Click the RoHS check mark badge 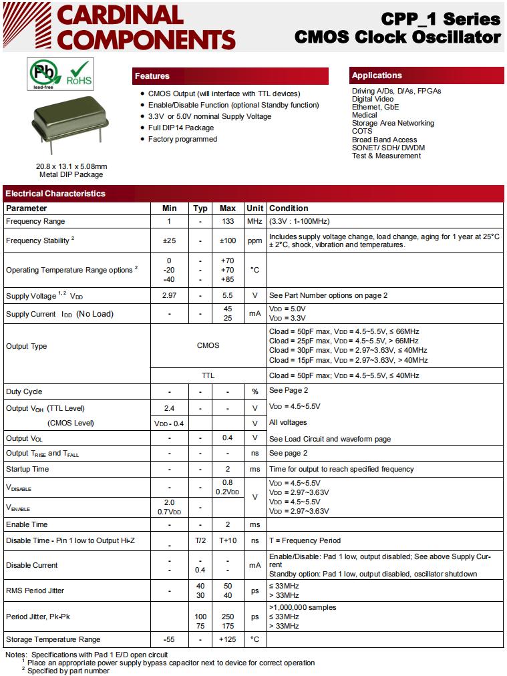tap(79, 74)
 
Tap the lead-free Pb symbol tap(43, 73)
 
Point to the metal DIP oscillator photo tap(69, 125)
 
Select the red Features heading tap(152, 76)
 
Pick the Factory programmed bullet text tap(182, 139)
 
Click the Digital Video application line tap(373, 99)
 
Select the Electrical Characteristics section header tap(55, 194)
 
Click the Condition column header tap(289, 208)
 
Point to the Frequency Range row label tap(35, 221)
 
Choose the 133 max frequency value tap(228, 221)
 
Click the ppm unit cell tap(255, 240)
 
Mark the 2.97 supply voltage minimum tap(169, 295)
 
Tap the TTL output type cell tap(208, 375)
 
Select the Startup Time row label tap(27, 469)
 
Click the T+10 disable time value tap(228, 540)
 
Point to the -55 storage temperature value tap(169, 639)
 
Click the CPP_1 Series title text tap(440, 19)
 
